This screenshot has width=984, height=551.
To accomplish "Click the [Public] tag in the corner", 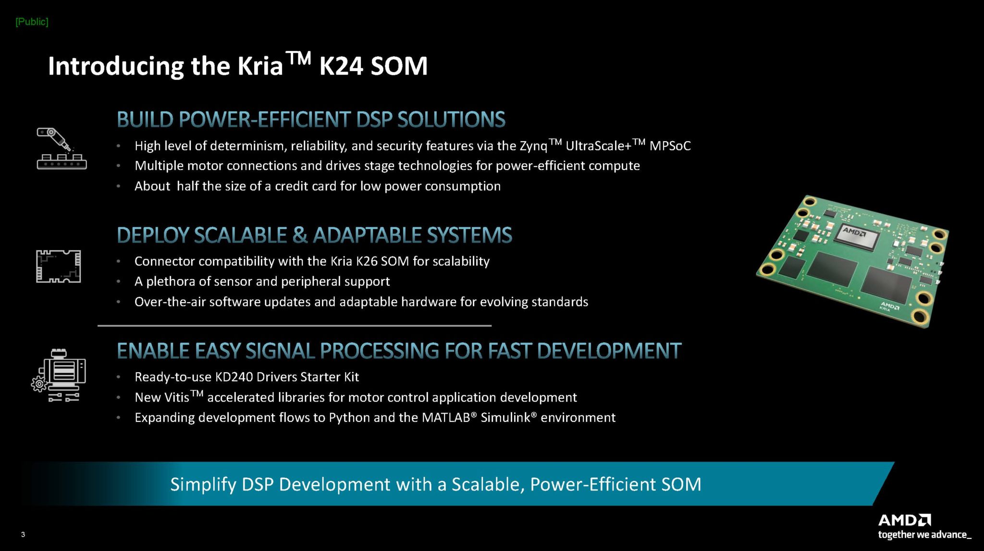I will (32, 22).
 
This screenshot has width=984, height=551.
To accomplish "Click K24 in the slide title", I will (340, 66).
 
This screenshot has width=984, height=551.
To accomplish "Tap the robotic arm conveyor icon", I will (61, 148).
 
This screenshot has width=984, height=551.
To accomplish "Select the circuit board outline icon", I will (59, 266).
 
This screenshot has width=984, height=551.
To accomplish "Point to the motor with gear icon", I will (60, 375).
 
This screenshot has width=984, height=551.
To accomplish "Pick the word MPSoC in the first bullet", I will (670, 146).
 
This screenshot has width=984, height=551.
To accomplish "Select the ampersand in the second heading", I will (299, 235).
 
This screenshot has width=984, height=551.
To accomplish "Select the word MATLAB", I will (446, 418).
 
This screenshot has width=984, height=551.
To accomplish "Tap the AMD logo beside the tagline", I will (904, 520).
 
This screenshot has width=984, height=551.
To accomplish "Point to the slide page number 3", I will (23, 534).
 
